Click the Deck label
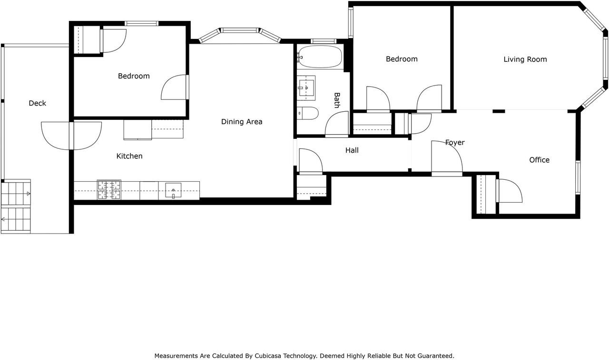37,103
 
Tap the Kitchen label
129,156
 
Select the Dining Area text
242,122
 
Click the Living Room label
525,59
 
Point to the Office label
539,160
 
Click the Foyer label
454,142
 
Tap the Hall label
352,150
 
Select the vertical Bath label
336,100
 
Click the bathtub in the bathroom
319,57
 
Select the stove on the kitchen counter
109,190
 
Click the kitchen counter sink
173,190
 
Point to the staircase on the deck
16,206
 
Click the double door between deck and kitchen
71,136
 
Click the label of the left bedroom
134,76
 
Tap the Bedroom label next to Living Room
402,59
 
